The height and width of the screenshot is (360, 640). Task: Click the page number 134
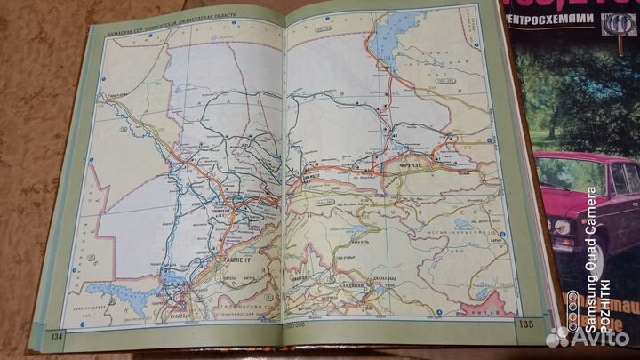click(58, 335)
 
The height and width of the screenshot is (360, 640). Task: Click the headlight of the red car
click(562, 227)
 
